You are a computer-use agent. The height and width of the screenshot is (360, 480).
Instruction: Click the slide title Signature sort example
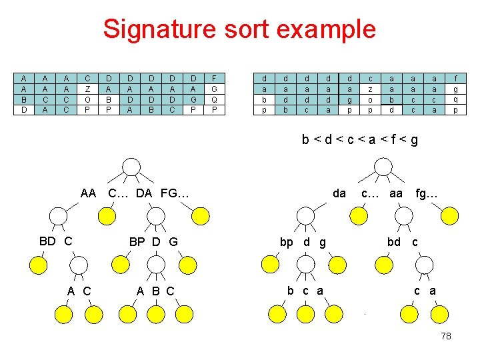click(239, 29)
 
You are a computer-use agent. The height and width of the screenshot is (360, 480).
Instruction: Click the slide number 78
click(446, 336)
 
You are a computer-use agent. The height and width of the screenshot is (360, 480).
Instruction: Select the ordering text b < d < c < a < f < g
click(360, 140)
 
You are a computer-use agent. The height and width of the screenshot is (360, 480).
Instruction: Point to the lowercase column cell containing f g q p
click(455, 94)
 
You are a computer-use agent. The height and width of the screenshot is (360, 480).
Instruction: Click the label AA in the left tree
click(88, 194)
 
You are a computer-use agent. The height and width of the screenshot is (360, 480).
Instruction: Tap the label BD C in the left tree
click(56, 241)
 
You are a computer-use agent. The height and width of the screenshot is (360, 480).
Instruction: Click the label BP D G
click(153, 241)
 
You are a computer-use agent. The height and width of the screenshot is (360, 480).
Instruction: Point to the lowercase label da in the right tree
click(339, 193)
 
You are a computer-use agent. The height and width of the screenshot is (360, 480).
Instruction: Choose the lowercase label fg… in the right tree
click(427, 193)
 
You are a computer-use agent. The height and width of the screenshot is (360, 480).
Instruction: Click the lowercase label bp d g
click(303, 242)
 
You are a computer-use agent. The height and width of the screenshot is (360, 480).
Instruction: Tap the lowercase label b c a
click(305, 290)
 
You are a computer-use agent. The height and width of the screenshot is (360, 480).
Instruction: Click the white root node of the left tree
click(133, 167)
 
